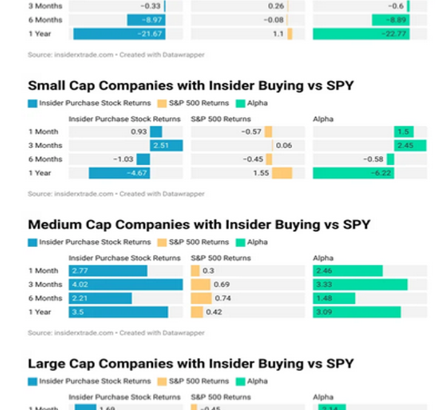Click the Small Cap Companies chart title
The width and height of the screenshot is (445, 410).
191,86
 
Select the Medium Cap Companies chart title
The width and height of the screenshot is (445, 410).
199,225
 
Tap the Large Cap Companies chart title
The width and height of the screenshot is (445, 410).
191,363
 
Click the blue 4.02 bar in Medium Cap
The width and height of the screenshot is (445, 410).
125,284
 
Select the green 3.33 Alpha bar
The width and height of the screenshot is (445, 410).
360,284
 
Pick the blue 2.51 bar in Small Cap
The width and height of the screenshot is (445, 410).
166,146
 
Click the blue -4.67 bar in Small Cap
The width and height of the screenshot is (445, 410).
119,173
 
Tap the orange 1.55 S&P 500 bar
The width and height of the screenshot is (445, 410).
282,173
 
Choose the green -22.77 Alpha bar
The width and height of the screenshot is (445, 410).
361,34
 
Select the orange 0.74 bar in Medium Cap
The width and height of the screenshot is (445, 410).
201,298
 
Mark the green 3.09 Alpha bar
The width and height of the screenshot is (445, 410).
356,312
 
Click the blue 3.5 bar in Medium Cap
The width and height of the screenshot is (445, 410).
118,312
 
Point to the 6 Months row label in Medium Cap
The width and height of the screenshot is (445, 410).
45,298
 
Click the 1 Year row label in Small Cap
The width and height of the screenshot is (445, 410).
39,173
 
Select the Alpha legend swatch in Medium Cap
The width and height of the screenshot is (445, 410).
239,242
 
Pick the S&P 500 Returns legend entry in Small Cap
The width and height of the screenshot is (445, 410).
193,103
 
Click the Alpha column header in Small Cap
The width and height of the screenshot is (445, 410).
323,119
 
